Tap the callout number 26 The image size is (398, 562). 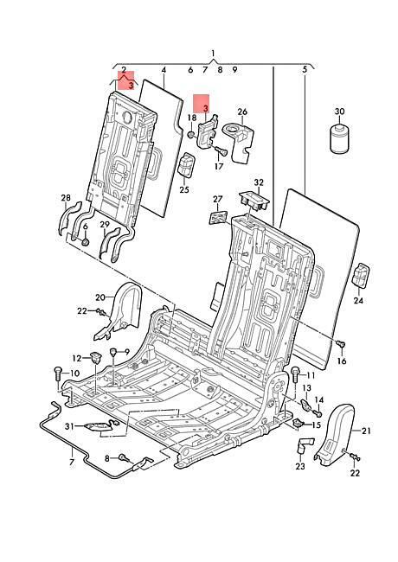[242, 112]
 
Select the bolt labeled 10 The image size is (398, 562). [58, 374]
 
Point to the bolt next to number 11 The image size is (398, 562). [295, 374]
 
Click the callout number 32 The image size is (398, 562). [259, 182]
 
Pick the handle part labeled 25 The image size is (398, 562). [187, 164]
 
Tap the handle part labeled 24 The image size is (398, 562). [362, 276]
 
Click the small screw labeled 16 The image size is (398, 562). [341, 344]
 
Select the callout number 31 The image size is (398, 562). [69, 426]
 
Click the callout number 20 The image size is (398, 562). [100, 297]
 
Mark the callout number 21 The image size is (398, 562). [366, 431]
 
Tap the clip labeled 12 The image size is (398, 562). [95, 357]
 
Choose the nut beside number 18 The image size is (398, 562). [192, 134]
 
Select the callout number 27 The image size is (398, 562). [218, 199]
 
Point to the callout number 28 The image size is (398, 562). [66, 198]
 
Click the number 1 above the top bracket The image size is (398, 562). [214, 54]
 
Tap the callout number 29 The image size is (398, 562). [105, 225]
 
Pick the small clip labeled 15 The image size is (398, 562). [298, 423]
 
